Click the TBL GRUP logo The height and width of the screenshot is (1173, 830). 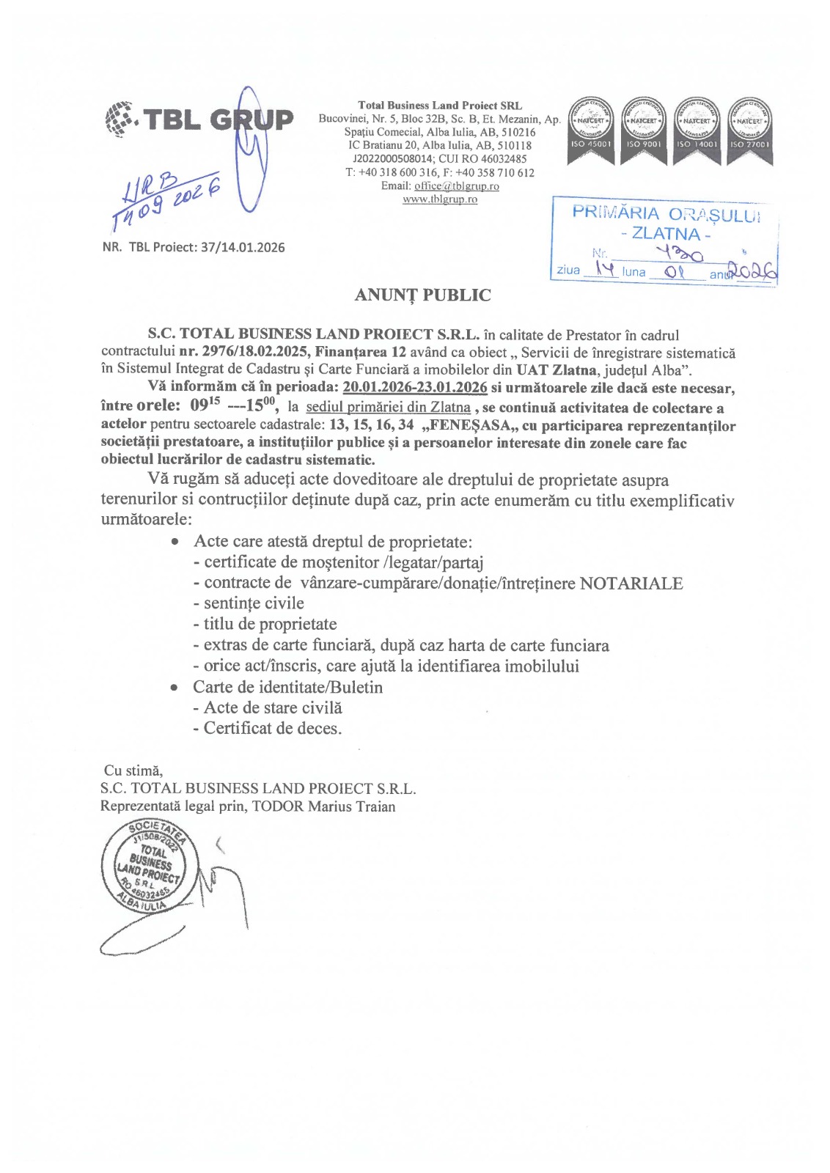tap(199, 119)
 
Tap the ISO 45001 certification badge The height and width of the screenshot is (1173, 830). tap(590, 130)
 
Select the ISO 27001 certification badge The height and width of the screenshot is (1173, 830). tap(749, 130)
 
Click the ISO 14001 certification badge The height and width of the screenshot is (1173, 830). tap(696, 130)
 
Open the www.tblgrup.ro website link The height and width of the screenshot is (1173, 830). tap(440, 199)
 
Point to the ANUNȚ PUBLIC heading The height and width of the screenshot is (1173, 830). tap(422, 295)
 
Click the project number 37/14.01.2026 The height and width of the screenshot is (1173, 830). tap(243, 247)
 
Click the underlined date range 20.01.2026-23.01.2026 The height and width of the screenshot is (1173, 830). tap(415, 388)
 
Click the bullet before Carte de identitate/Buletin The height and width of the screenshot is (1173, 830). tap(175, 688)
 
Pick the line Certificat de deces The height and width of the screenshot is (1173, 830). tap(272, 729)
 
